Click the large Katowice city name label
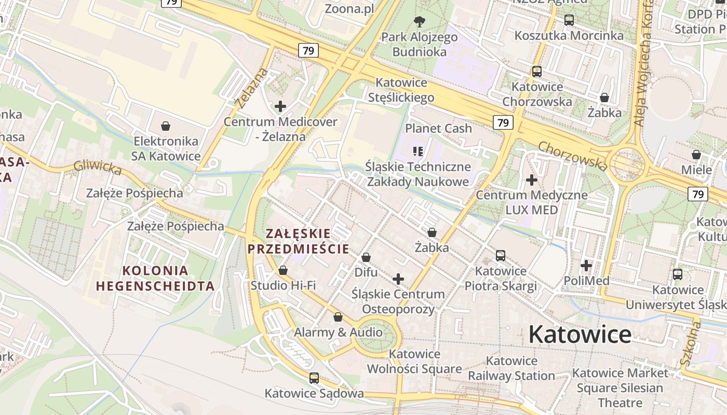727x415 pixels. pyautogui.click(x=580, y=335)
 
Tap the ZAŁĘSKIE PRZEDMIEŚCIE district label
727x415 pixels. pyautogui.click(x=298, y=241)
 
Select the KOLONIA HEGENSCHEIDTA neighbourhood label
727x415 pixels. pyautogui.click(x=155, y=278)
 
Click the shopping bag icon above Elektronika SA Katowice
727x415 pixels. pyautogui.click(x=166, y=126)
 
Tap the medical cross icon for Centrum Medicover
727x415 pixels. pyautogui.click(x=280, y=106)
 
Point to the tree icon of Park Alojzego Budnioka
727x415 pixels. pyautogui.click(x=419, y=22)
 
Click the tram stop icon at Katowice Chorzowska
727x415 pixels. pyautogui.click(x=537, y=72)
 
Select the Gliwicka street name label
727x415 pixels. pyautogui.click(x=98, y=167)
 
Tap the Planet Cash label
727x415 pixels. pyautogui.click(x=438, y=128)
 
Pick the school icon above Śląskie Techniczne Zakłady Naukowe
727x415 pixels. pyautogui.click(x=418, y=151)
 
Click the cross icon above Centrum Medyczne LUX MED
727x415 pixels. pyautogui.click(x=532, y=180)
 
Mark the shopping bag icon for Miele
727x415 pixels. pyautogui.click(x=696, y=155)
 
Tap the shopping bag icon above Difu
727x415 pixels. pyautogui.click(x=366, y=257)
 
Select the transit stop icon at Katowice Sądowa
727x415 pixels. pyautogui.click(x=314, y=378)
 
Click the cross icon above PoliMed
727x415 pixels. pyautogui.click(x=586, y=266)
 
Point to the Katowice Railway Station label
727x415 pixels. pyautogui.click(x=511, y=368)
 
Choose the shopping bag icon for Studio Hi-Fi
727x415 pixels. pyautogui.click(x=283, y=270)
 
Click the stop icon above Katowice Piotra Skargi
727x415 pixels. pyautogui.click(x=501, y=255)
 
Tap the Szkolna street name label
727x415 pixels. pyautogui.click(x=691, y=342)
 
